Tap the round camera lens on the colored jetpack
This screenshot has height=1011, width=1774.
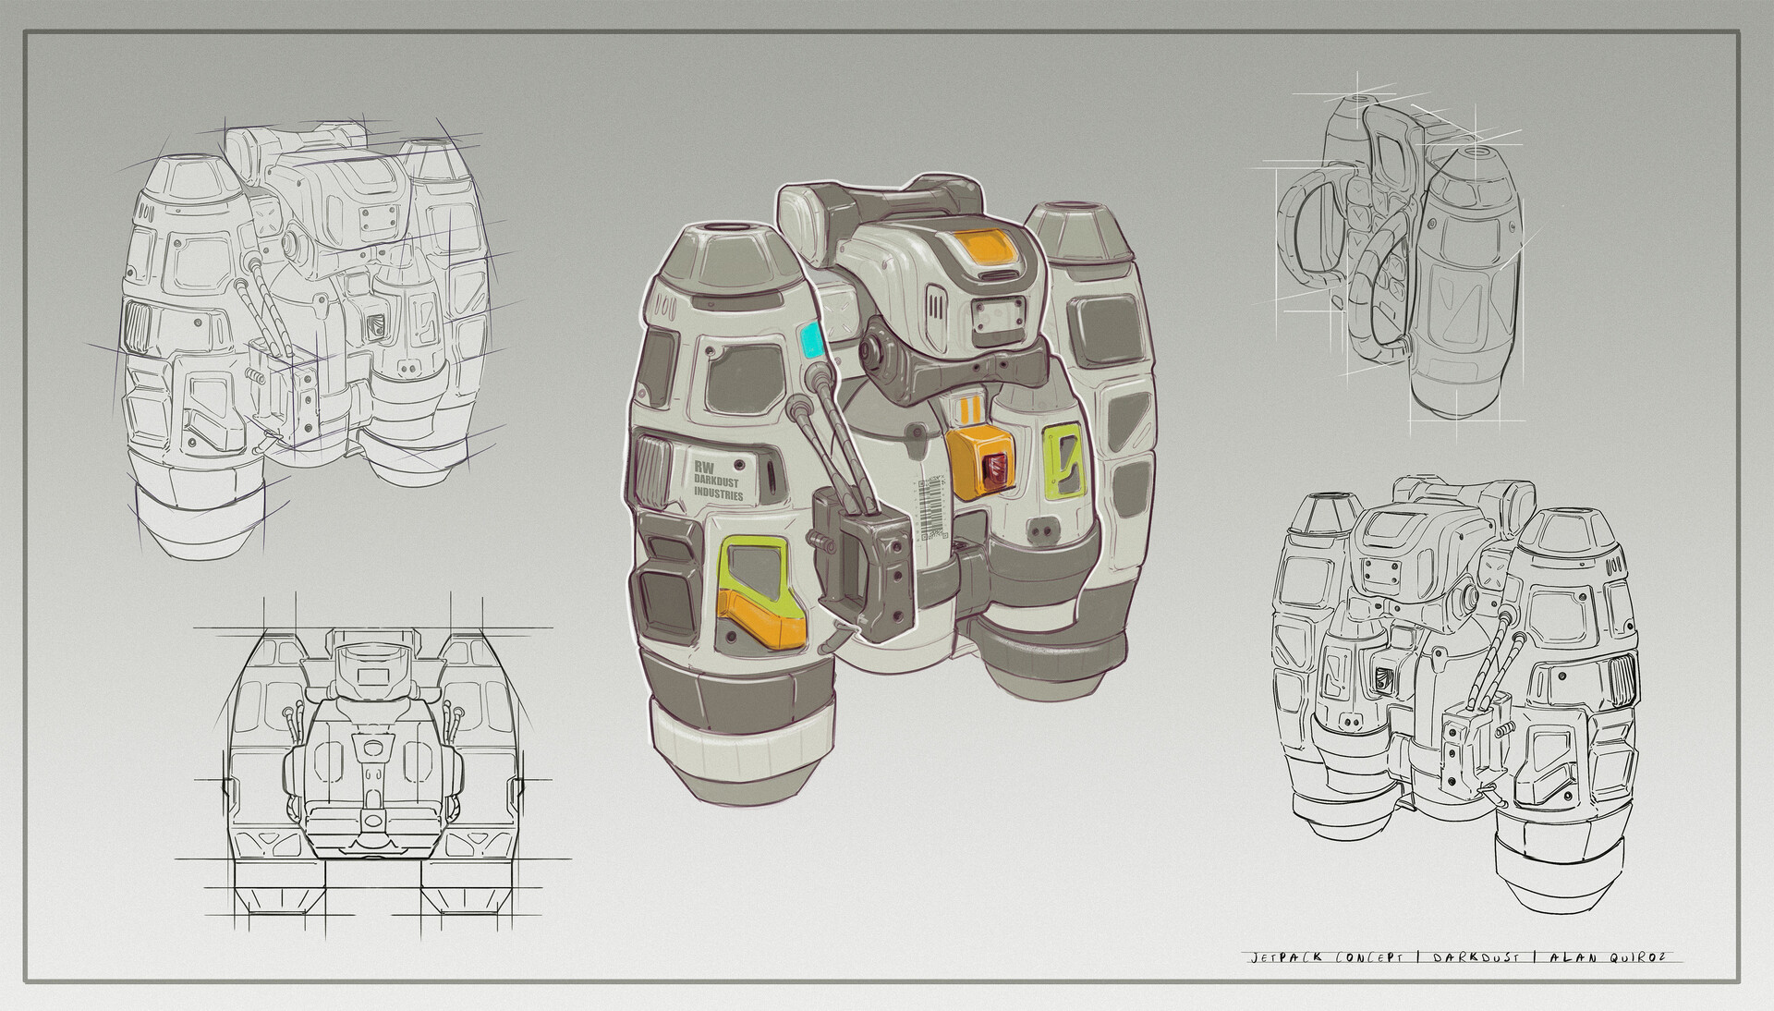coord(873,351)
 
